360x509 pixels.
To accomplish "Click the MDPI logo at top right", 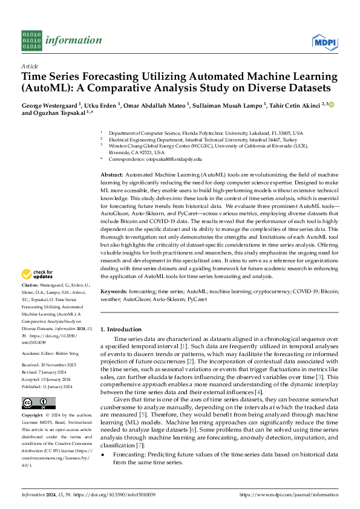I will (325, 41).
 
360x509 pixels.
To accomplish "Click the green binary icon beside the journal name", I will (31, 41).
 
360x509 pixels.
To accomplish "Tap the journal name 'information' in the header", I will (74, 41).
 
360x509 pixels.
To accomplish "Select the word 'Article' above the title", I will (30, 66).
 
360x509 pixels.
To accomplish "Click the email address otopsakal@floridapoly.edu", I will (159, 158).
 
